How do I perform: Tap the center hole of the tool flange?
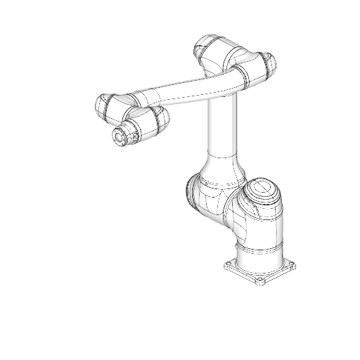pyautogui.click(x=119, y=136)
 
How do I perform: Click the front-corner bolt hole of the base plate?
pyautogui.click(x=258, y=282)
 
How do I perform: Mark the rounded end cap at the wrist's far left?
pyautogui.click(x=101, y=106)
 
